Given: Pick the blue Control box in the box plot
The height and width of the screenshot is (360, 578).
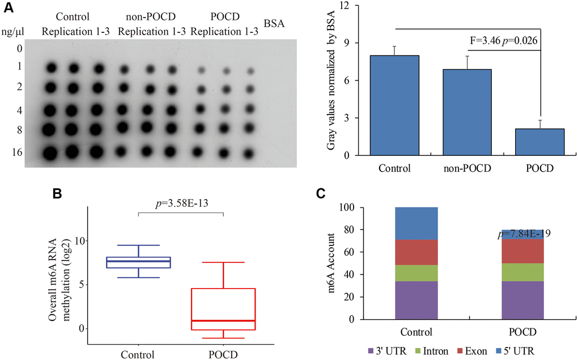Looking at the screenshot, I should click(x=139, y=262).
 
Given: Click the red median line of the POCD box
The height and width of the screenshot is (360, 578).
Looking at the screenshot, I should click(x=224, y=320).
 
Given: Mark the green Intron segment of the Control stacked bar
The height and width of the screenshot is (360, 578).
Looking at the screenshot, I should click(x=416, y=273).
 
